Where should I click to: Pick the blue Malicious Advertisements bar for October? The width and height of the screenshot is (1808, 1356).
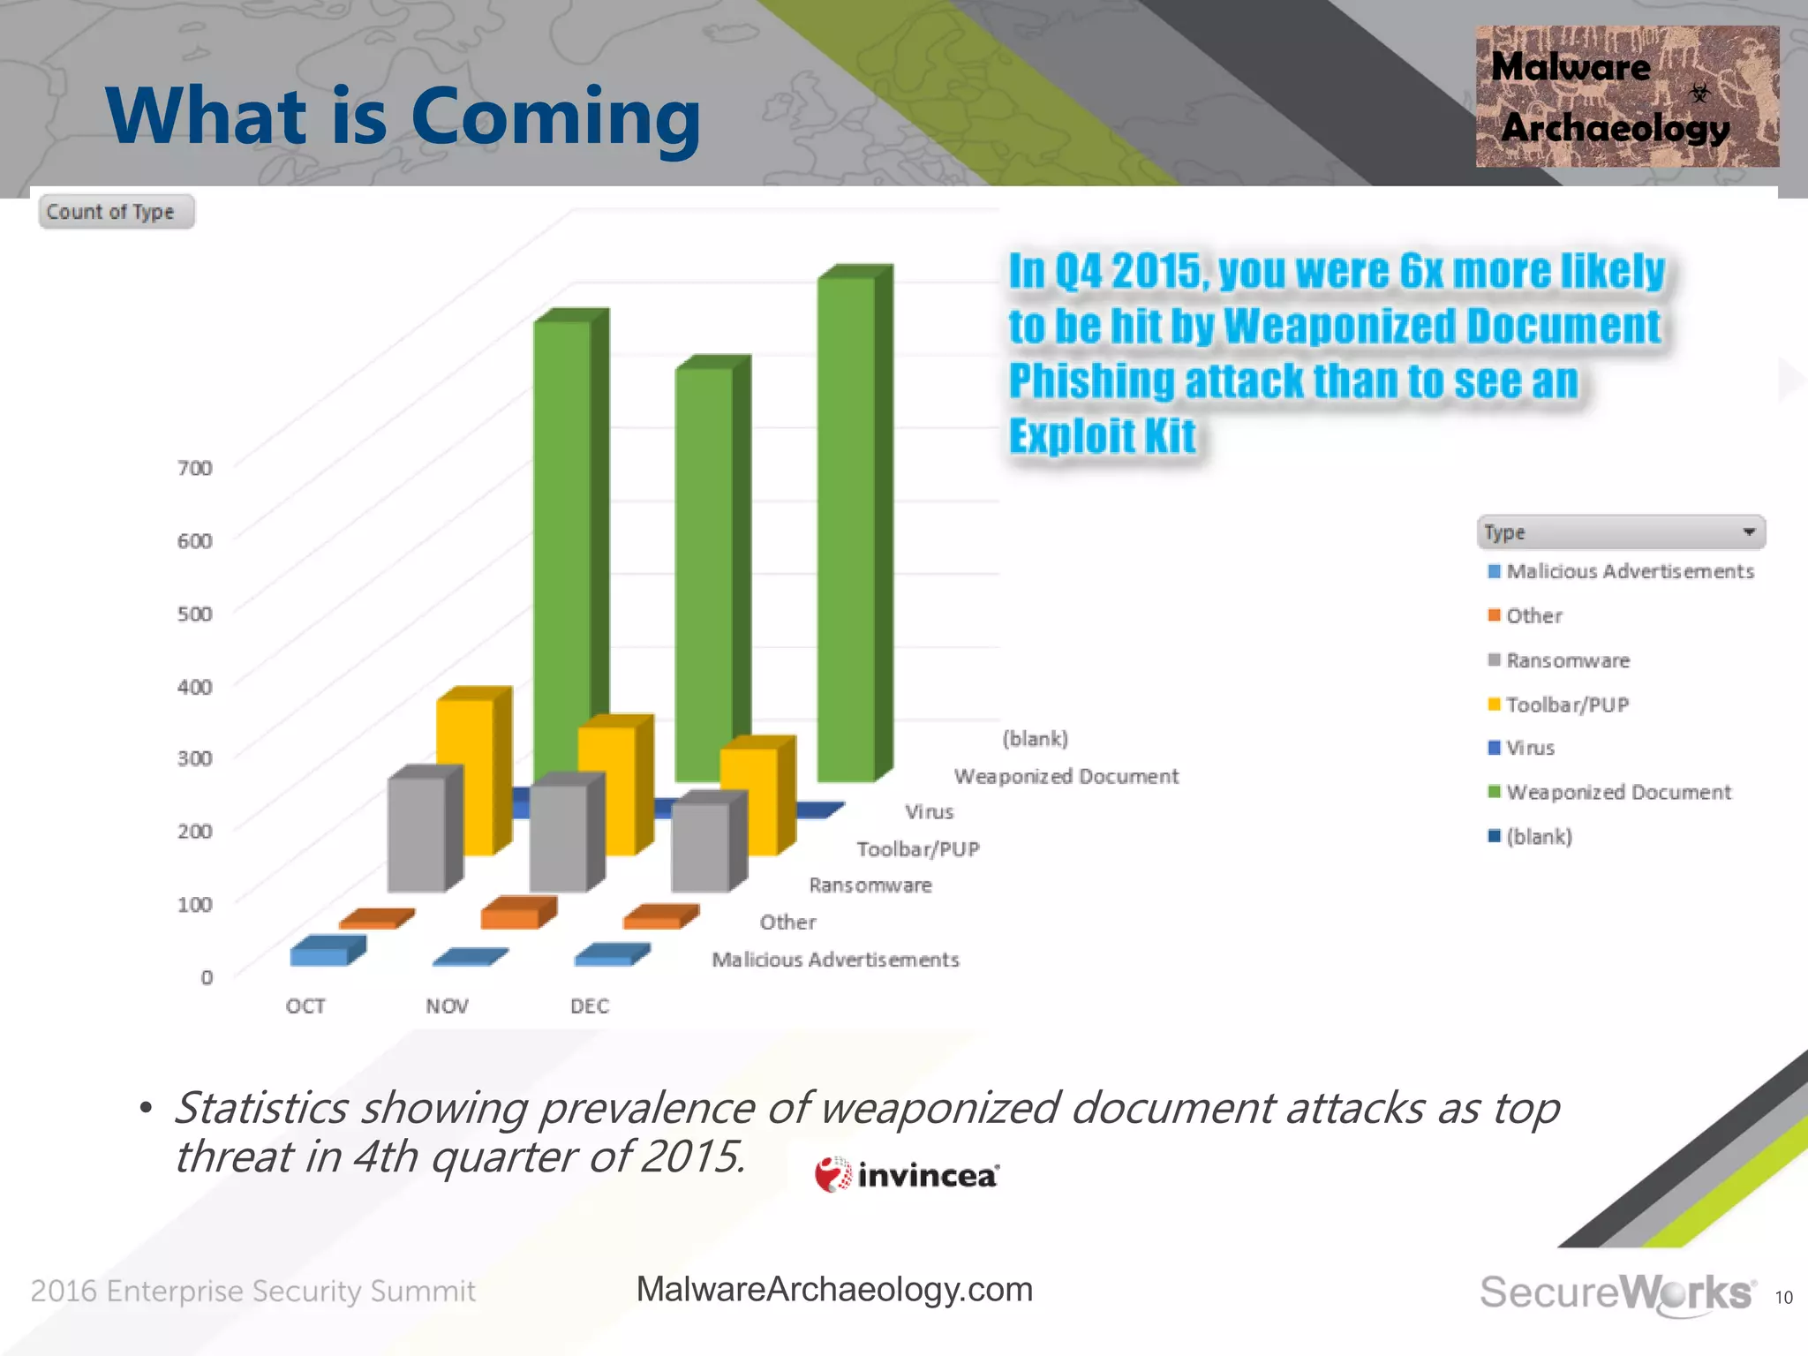click(x=320, y=954)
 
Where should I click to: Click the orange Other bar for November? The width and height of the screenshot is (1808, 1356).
click(x=510, y=916)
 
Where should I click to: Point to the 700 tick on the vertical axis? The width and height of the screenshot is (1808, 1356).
click(x=195, y=468)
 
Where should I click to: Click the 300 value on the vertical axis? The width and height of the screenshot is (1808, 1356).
click(x=195, y=758)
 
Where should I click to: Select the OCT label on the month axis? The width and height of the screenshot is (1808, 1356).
click(x=305, y=1006)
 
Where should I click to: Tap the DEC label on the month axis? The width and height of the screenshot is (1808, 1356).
click(x=590, y=1006)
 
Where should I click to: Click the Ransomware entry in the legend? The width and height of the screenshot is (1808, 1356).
click(x=1568, y=660)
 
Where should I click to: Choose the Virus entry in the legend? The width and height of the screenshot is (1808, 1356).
click(x=1530, y=748)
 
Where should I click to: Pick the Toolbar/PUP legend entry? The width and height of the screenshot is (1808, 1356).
click(x=1567, y=704)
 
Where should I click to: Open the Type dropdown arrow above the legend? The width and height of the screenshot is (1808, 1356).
click(x=1748, y=532)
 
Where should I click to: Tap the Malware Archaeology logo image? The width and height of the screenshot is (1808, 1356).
click(x=1626, y=97)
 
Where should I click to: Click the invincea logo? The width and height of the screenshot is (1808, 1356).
click(x=908, y=1175)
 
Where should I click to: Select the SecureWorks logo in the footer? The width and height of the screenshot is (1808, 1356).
click(x=1616, y=1293)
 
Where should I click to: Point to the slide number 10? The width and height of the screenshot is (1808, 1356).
click(x=1783, y=1298)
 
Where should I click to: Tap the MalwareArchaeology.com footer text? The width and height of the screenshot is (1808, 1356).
click(x=834, y=1290)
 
